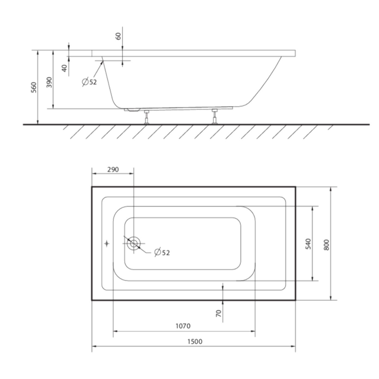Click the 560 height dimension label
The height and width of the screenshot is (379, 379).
(x=34, y=87)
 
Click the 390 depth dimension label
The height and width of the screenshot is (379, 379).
(x=49, y=82)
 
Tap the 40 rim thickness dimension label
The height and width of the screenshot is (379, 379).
(x=64, y=68)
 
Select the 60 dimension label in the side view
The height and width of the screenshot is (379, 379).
(x=119, y=36)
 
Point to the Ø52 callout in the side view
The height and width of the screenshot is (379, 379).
(x=89, y=82)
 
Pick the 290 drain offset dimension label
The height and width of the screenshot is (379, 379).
(x=113, y=170)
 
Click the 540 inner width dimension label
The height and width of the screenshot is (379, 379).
(x=309, y=244)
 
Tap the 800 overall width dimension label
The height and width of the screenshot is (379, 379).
(x=326, y=245)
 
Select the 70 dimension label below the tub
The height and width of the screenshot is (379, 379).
(x=219, y=313)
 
